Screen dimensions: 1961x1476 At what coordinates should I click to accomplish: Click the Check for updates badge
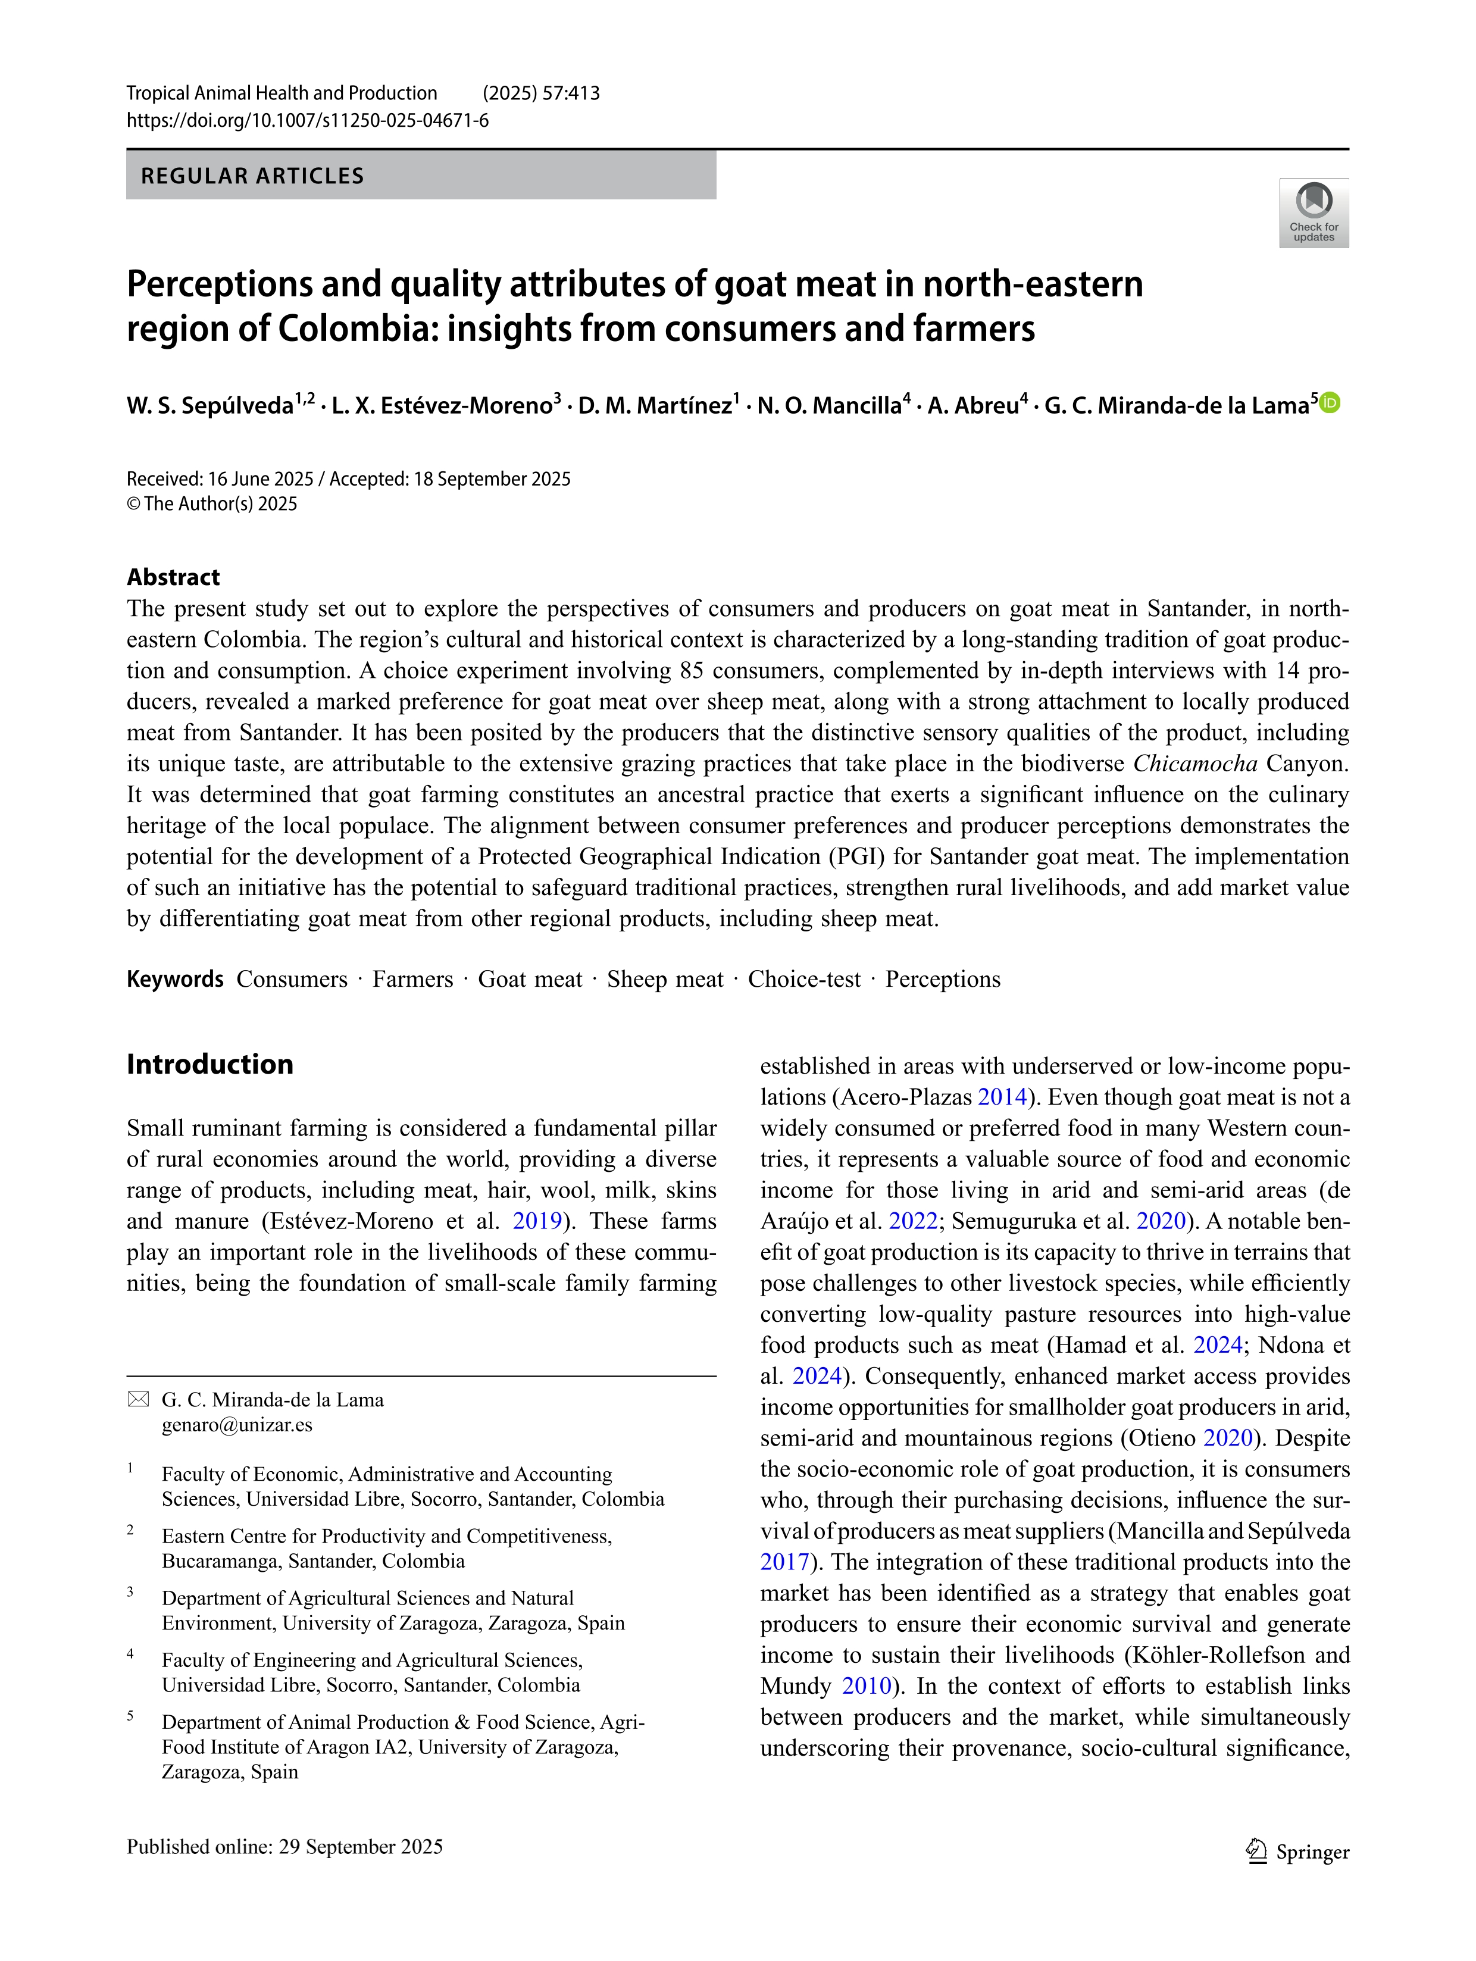click(1313, 213)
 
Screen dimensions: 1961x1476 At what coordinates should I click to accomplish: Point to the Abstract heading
click(173, 577)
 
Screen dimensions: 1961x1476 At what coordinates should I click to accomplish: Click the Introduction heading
click(209, 1064)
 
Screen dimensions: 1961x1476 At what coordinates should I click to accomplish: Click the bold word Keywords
click(174, 979)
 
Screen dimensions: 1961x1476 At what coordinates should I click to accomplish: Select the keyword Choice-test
click(804, 979)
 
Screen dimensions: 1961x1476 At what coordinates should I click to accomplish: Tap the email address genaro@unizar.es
click(237, 1425)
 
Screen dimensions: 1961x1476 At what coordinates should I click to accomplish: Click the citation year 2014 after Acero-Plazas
click(1002, 1097)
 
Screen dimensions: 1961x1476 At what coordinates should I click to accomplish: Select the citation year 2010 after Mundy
click(866, 1685)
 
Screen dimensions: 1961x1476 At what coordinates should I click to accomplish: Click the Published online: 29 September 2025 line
click(284, 1847)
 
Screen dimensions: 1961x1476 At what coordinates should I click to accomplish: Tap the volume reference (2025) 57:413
click(541, 93)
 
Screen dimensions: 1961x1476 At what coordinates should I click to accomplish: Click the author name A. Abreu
click(972, 406)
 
